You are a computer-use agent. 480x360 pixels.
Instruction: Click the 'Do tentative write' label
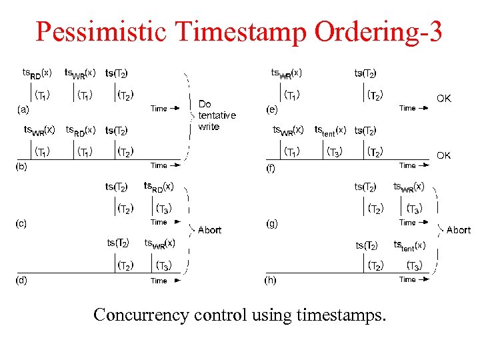pyautogui.click(x=217, y=115)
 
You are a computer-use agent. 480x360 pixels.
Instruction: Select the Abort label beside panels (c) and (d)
pyautogui.click(x=209, y=230)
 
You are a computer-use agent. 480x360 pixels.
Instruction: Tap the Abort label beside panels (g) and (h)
pyautogui.click(x=458, y=230)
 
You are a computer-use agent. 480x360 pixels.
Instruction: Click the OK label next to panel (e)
pyautogui.click(x=443, y=99)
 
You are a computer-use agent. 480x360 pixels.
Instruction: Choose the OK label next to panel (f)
pyautogui.click(x=443, y=155)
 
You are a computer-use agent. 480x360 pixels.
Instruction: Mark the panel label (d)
pyautogui.click(x=21, y=280)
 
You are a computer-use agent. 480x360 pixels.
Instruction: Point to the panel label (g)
pyautogui.click(x=272, y=223)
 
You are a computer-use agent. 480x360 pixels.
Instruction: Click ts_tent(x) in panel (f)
pyautogui.click(x=330, y=130)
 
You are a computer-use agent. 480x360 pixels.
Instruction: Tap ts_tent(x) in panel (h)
pyautogui.click(x=409, y=245)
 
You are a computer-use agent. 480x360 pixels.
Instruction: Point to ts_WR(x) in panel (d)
pyautogui.click(x=160, y=243)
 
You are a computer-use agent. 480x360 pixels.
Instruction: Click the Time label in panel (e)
pyautogui.click(x=407, y=108)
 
